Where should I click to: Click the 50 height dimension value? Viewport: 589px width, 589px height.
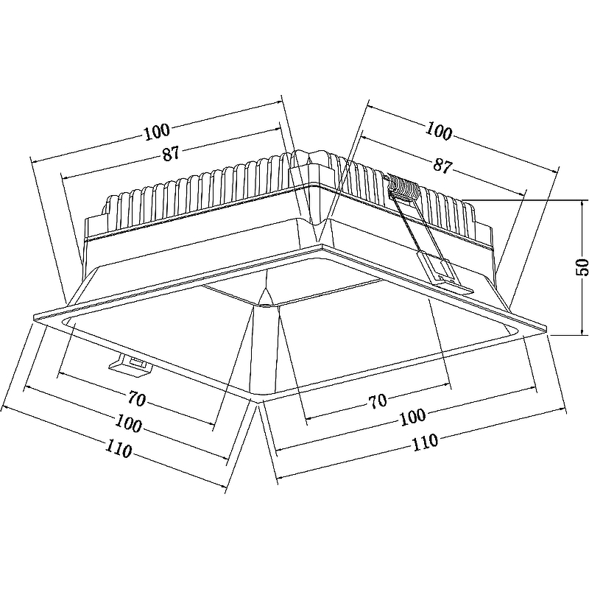pos(581,267)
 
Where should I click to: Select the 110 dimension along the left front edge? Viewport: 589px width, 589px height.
pos(118,448)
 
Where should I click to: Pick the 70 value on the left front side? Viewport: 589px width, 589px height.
pos(137,399)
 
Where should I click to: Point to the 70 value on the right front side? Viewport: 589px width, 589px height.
pos(378,401)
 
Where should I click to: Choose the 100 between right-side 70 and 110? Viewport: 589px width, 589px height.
pos(412,416)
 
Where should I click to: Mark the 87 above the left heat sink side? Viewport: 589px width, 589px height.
pos(171,154)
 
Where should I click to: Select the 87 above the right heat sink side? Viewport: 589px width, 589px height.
pos(442,166)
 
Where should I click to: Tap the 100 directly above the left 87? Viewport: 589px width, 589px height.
pos(156,132)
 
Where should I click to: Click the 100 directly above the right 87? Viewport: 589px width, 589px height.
pos(440,133)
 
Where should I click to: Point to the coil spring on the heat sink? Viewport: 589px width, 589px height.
pos(403,188)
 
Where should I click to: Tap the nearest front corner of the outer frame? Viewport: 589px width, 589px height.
pos(257,398)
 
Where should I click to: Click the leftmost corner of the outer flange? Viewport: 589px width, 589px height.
pos(35,317)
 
